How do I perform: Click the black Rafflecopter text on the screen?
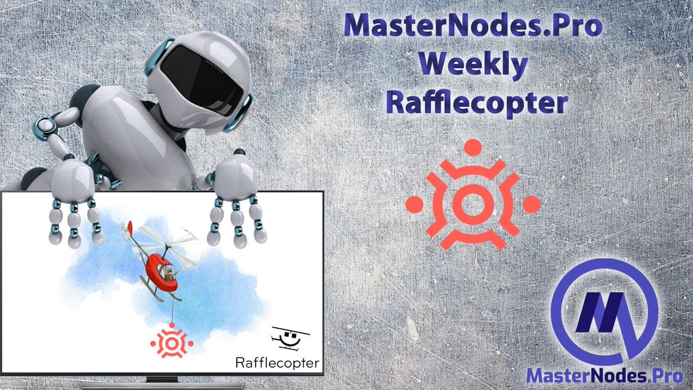coord(277,362)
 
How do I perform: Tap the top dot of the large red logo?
coord(472,147)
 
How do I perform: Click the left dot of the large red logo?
coord(415,203)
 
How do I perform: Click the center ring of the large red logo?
coord(473,203)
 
